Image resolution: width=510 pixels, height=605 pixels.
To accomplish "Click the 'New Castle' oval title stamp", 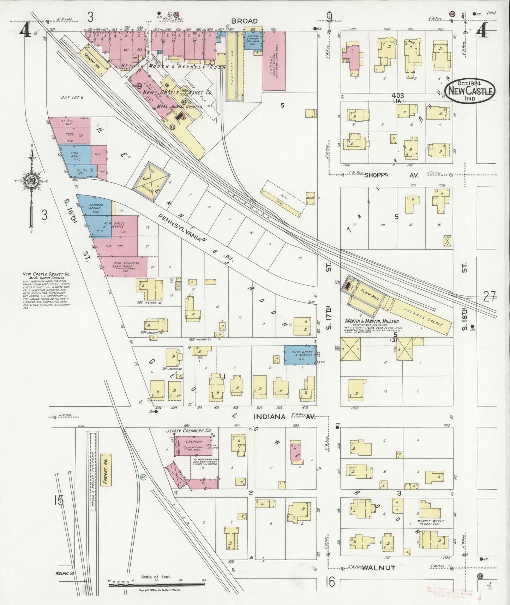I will pos(469,91).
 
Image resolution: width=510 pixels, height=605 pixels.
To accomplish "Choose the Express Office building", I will pos(94,208).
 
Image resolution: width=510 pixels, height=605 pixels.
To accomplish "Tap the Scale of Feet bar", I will pos(155,585).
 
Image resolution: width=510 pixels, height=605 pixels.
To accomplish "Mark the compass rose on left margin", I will pos(32,180).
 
